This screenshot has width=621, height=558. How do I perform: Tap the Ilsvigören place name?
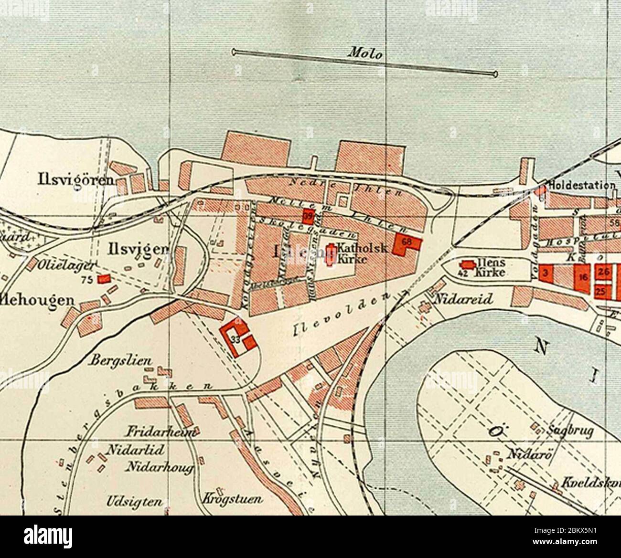pyautogui.click(x=76, y=180)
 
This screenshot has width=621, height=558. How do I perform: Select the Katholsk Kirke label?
pyautogui.click(x=352, y=253)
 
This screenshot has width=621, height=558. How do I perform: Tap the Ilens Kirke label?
pyautogui.click(x=487, y=268)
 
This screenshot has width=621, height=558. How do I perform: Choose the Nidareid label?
pyautogui.click(x=463, y=299)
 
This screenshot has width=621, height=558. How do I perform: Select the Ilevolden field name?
pyautogui.click(x=340, y=315)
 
